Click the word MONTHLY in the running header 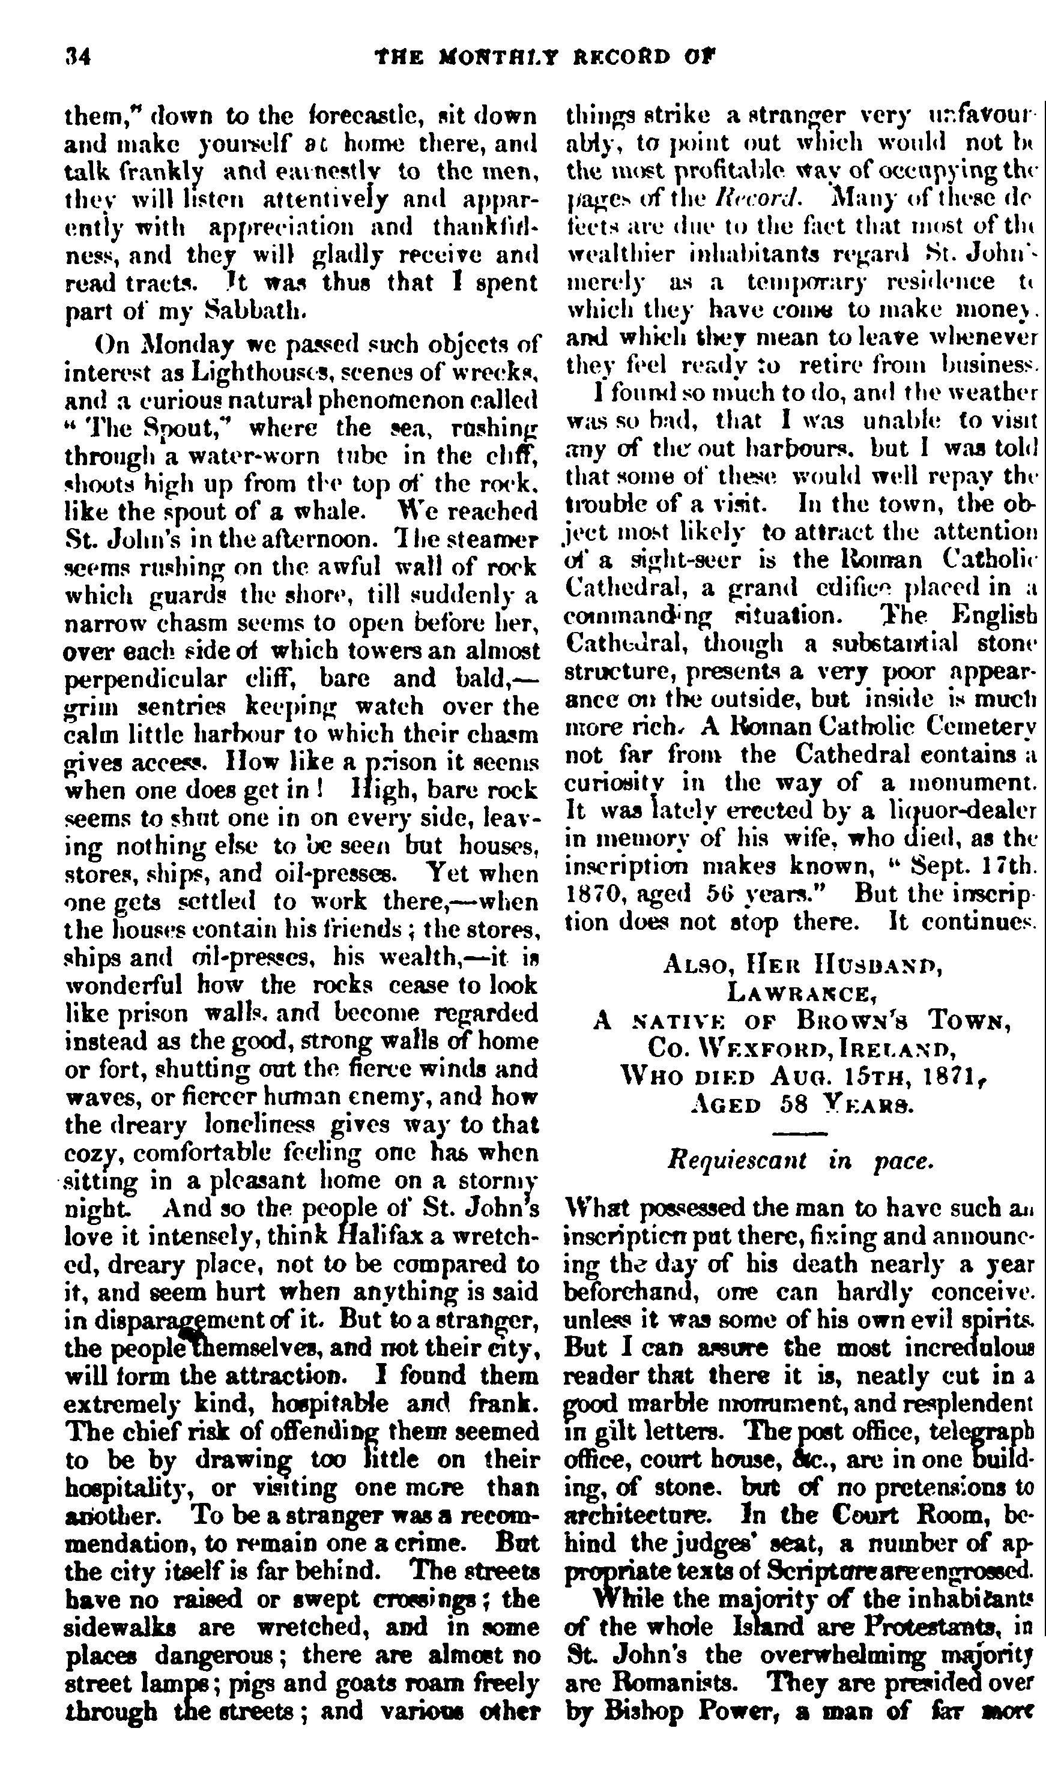[498, 56]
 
